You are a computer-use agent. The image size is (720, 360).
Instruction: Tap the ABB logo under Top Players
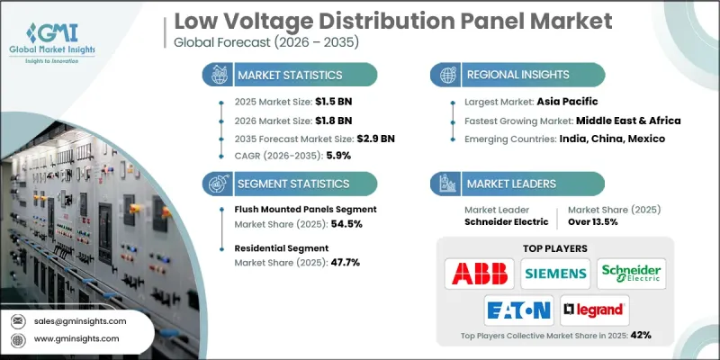coord(480,272)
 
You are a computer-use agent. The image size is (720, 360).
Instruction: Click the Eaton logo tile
coord(518,310)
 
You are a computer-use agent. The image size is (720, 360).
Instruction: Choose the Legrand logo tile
coord(594,310)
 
